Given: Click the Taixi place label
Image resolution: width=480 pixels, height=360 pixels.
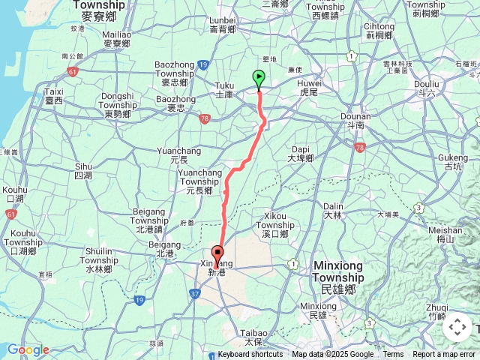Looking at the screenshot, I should click(x=54, y=95).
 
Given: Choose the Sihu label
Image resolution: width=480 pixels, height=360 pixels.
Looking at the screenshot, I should click(x=83, y=170).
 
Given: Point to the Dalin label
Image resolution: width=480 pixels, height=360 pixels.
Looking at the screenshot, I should click(x=333, y=210).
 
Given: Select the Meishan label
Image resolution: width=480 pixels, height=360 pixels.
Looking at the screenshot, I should click(x=449, y=235).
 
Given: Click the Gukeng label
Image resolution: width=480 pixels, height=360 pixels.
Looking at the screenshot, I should click(x=451, y=162).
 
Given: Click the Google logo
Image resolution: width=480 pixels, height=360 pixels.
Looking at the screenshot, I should click(x=28, y=349).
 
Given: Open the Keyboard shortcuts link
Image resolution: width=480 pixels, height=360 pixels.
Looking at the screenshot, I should click(x=250, y=355).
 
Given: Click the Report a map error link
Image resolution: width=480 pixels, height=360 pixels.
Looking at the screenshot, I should click(x=444, y=355).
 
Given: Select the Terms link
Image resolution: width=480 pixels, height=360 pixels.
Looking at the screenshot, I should click(x=393, y=355).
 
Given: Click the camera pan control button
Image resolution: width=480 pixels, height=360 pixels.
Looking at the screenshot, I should click(x=457, y=328).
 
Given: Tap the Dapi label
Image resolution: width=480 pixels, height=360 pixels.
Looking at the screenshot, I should click(x=300, y=153).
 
